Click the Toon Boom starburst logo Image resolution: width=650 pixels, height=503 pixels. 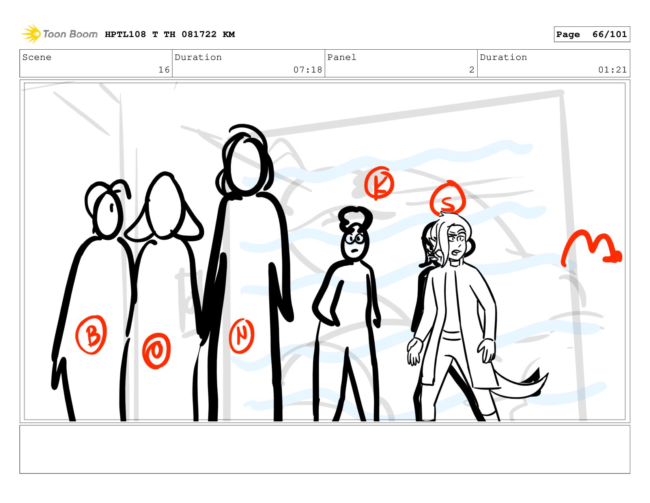(31, 34)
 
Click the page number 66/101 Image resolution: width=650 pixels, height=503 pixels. (609, 34)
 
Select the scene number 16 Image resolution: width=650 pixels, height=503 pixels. (164, 70)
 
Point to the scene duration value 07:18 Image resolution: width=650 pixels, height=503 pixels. (308, 70)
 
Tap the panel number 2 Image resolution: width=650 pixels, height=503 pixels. (471, 70)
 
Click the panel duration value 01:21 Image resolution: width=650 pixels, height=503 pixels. (612, 70)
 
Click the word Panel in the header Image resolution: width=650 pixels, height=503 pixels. (342, 57)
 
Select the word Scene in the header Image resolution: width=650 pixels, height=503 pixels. (37, 57)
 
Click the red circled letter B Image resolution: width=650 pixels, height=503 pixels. (91, 335)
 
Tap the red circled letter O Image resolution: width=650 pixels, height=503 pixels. (157, 350)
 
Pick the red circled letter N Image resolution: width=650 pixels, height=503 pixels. (242, 335)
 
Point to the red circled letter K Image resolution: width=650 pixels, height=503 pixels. (379, 183)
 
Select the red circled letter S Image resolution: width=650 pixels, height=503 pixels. (448, 198)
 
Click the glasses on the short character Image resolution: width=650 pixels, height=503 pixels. (355, 238)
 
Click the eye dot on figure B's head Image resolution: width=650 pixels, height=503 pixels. (111, 207)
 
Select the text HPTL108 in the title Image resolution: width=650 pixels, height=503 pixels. (125, 34)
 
